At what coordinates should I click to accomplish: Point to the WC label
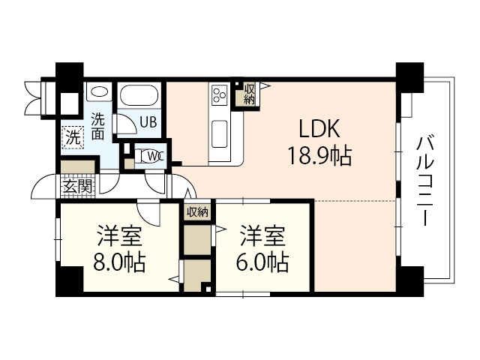point(155,156)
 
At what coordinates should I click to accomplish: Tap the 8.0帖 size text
point(119,262)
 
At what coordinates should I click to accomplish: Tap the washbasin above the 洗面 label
point(100,94)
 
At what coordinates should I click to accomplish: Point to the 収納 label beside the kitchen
point(249,94)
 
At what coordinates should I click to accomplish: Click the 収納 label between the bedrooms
point(196,211)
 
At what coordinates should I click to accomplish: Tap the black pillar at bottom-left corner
point(69,280)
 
